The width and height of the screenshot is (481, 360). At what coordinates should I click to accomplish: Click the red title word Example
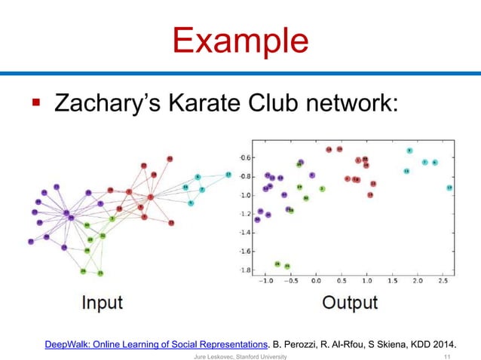(240, 39)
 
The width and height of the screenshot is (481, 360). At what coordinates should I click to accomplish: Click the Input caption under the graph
(102, 302)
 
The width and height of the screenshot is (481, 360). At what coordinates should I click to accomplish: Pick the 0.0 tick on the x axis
(317, 282)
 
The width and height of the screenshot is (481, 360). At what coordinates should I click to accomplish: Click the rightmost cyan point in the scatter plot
(449, 188)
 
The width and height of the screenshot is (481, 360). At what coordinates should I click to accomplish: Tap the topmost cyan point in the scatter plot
(409, 151)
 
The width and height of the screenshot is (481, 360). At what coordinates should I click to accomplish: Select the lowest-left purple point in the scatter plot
(257, 219)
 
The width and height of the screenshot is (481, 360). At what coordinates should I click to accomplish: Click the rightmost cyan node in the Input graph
(228, 175)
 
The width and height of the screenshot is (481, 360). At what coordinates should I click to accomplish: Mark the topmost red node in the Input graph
(170, 158)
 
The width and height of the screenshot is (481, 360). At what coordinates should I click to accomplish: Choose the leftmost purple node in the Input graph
(31, 242)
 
